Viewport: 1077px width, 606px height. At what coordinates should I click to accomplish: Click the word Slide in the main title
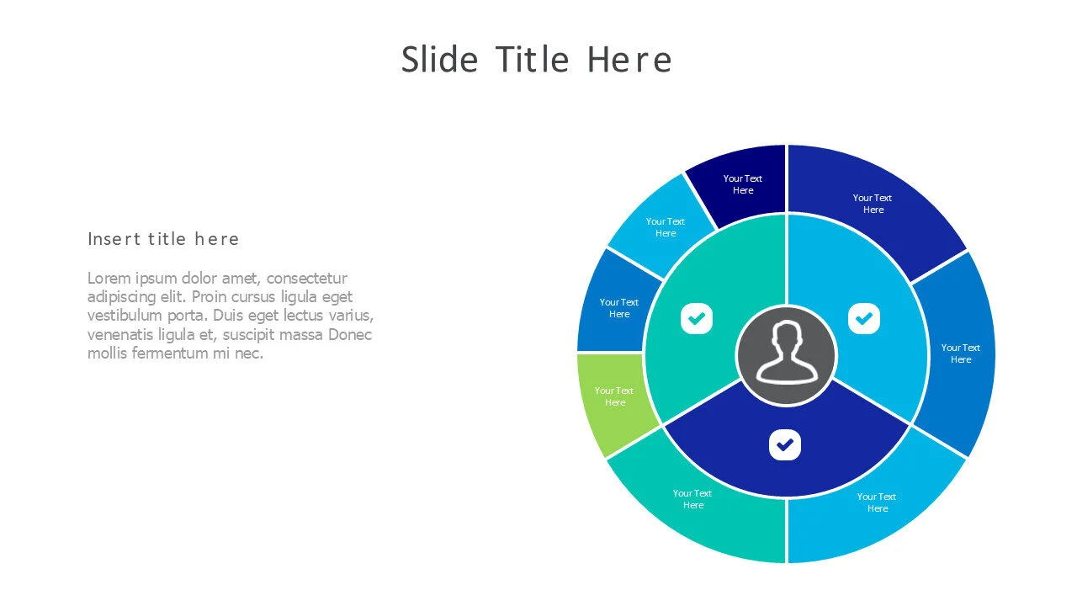click(x=439, y=59)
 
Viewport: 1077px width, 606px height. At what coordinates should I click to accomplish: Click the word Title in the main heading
click(x=533, y=59)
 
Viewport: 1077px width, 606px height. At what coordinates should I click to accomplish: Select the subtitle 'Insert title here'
click(x=163, y=239)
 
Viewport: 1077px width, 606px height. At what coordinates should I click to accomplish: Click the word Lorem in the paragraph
click(x=109, y=278)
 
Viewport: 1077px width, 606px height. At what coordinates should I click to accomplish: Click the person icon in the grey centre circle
click(x=787, y=353)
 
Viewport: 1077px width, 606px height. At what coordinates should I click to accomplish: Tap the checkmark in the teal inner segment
click(x=697, y=318)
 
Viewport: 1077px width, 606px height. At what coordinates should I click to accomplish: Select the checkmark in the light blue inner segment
click(x=864, y=318)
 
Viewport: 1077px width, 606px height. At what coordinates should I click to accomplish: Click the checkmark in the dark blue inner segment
click(x=785, y=444)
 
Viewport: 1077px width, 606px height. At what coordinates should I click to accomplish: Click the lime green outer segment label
click(x=614, y=396)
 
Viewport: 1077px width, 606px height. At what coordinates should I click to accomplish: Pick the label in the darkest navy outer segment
click(x=743, y=184)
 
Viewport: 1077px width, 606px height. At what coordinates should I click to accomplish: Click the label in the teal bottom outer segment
click(x=692, y=499)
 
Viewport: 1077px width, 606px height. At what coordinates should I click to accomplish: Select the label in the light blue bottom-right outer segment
click(x=877, y=502)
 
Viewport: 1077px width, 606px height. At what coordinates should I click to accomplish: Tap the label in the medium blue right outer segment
click(x=961, y=353)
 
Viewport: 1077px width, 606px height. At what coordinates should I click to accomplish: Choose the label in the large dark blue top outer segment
click(x=873, y=204)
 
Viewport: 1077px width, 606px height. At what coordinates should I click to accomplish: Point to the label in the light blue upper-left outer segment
click(x=666, y=227)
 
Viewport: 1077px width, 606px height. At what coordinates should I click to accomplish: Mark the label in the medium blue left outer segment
click(x=619, y=308)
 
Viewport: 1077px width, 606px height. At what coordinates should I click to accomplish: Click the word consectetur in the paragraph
click(x=307, y=278)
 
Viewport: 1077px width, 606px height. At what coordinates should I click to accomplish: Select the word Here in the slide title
click(x=629, y=59)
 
